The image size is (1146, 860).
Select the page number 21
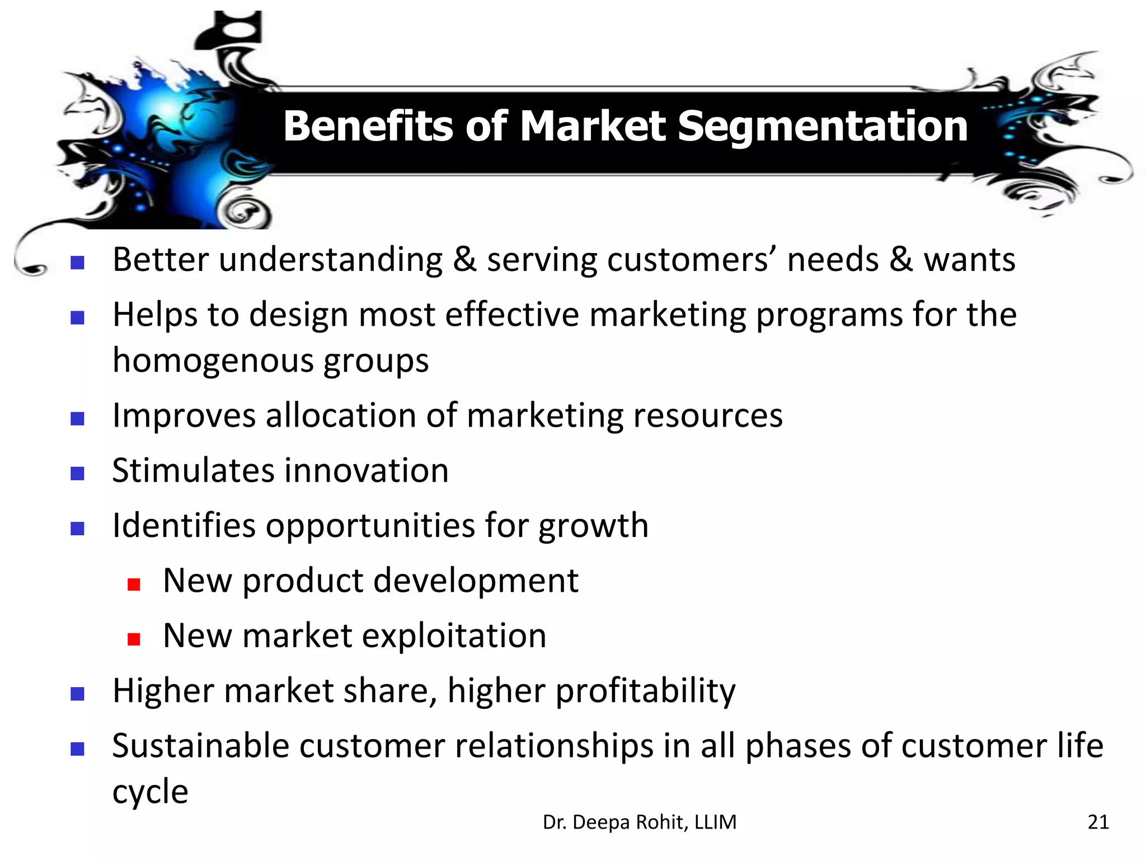(x=1098, y=822)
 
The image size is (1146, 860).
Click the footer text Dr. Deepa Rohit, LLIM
(x=640, y=822)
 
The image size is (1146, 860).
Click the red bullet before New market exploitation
(x=133, y=639)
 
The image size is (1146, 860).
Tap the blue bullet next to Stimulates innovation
(x=77, y=474)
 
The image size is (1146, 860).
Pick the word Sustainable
(x=200, y=746)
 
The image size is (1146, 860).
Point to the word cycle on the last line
(x=150, y=792)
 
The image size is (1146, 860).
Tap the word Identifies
(x=184, y=525)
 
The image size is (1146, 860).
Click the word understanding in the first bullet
(x=331, y=260)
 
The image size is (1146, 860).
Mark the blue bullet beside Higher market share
(x=77, y=695)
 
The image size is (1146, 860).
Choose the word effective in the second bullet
(x=512, y=314)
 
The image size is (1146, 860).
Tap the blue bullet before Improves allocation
(x=77, y=419)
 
